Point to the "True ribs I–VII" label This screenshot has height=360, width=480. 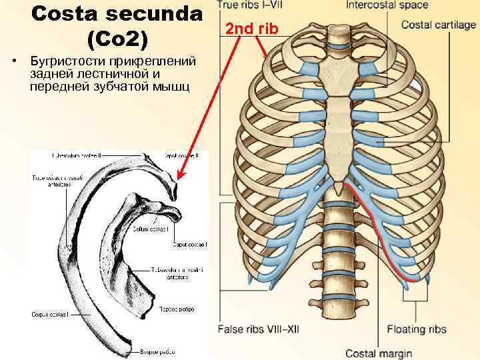(251, 5)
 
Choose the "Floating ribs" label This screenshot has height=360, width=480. (417, 329)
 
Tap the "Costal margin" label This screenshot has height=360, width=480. (378, 353)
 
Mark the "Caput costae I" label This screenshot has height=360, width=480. (189, 245)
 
